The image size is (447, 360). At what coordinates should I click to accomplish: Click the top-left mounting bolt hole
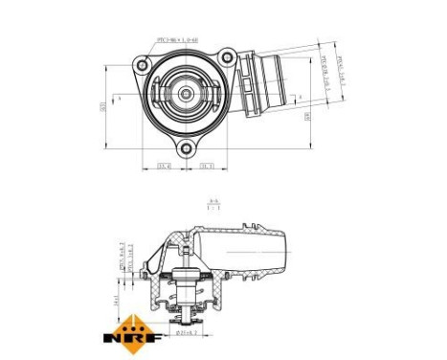[x=143, y=65]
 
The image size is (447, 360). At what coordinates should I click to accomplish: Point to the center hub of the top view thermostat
[x=184, y=95]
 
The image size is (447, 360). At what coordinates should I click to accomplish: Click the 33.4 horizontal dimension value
[x=164, y=167]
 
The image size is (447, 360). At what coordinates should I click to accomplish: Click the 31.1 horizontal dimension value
[x=206, y=167]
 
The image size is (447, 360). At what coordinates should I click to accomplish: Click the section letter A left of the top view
[x=120, y=98]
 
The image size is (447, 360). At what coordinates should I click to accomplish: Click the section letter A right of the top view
[x=299, y=98]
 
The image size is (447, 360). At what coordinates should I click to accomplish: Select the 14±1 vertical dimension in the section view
[x=117, y=300]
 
